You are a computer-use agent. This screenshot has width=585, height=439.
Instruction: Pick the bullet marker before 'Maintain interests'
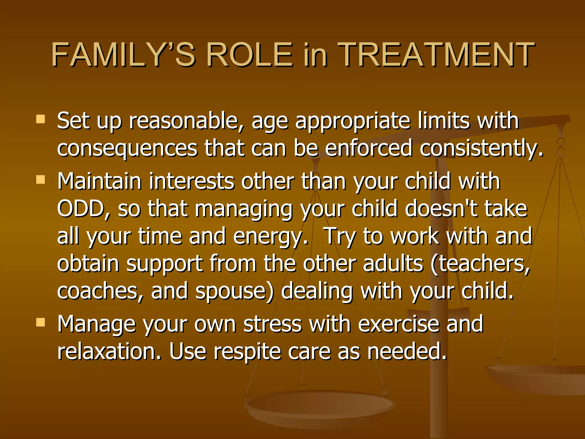coord(41,179)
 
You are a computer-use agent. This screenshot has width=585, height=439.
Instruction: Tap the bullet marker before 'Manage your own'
coord(41,322)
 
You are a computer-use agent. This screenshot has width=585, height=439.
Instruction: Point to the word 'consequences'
coord(127,148)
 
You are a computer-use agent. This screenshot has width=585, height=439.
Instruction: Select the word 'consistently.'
coord(481,148)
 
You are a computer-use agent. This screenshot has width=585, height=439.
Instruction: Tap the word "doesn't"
coord(441,209)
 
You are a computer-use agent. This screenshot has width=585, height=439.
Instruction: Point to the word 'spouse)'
coord(234,291)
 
